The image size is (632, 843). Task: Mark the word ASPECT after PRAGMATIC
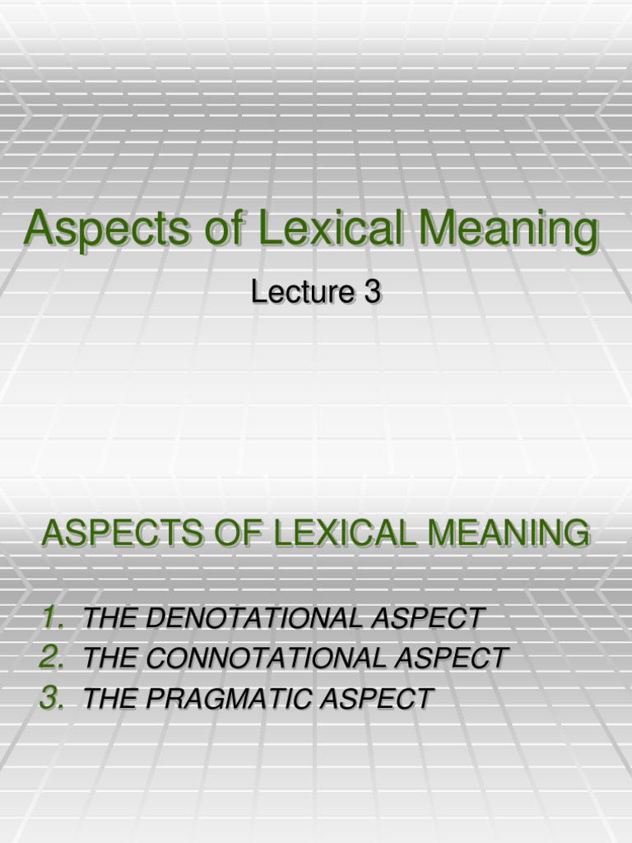(381, 699)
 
